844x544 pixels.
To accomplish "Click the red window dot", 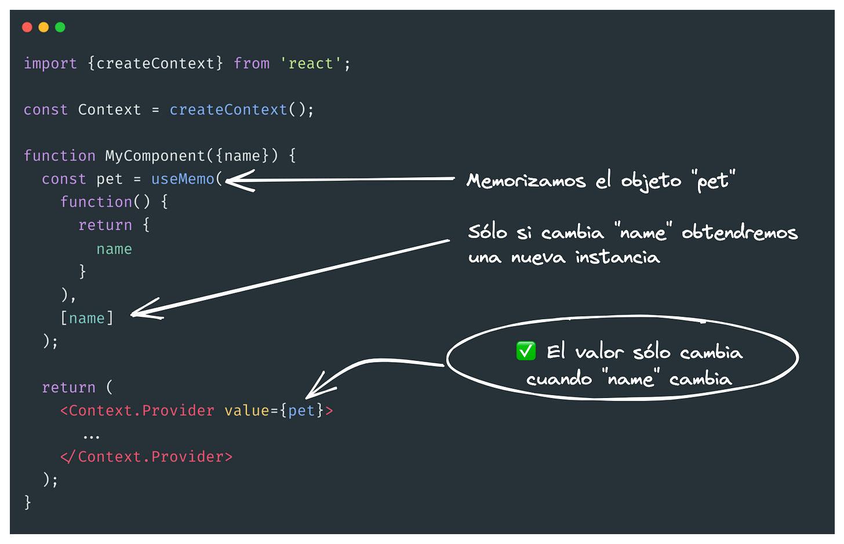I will click(x=27, y=27).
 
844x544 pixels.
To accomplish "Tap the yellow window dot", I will click(x=43, y=27).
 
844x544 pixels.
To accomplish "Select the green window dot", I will click(x=60, y=27).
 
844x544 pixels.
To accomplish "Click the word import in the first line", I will click(x=50, y=63).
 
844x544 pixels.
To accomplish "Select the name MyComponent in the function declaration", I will click(x=155, y=156).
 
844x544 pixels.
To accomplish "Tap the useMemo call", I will click(x=183, y=179).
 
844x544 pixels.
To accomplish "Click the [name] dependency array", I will click(x=87, y=318).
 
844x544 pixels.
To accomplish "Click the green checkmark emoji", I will click(x=526, y=351).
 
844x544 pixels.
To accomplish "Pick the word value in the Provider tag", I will click(x=247, y=411).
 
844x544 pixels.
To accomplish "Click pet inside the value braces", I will click(x=301, y=411).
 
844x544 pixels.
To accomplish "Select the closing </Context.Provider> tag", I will click(x=146, y=457).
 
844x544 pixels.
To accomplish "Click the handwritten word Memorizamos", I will click(x=526, y=181).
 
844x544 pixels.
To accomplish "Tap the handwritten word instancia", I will click(x=617, y=257).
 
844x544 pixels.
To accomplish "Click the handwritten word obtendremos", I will click(x=739, y=233).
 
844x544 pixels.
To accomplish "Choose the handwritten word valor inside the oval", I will click(x=599, y=352).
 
